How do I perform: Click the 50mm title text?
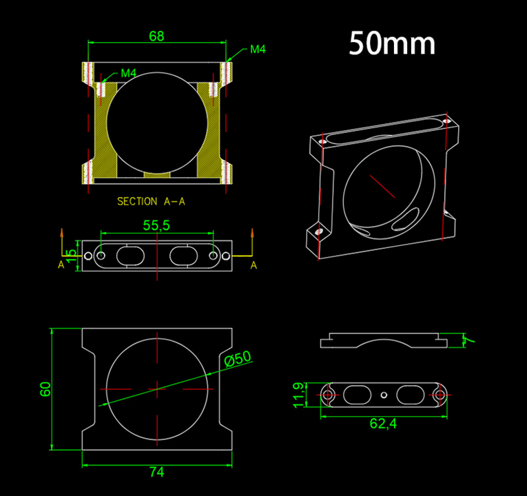392,43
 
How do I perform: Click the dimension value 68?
156,37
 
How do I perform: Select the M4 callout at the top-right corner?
258,50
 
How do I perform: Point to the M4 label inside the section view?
128,73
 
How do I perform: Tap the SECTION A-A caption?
151,201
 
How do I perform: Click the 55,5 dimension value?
156,225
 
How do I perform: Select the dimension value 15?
72,256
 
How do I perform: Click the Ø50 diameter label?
238,358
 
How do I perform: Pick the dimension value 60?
45,389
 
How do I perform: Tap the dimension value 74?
157,472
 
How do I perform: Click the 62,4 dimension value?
383,424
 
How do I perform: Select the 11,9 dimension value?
299,395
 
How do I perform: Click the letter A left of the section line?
61,265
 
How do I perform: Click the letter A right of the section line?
254,265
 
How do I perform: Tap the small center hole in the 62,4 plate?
384,395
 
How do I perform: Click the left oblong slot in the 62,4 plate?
357,395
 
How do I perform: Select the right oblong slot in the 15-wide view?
183,256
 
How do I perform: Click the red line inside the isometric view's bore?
382,186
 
